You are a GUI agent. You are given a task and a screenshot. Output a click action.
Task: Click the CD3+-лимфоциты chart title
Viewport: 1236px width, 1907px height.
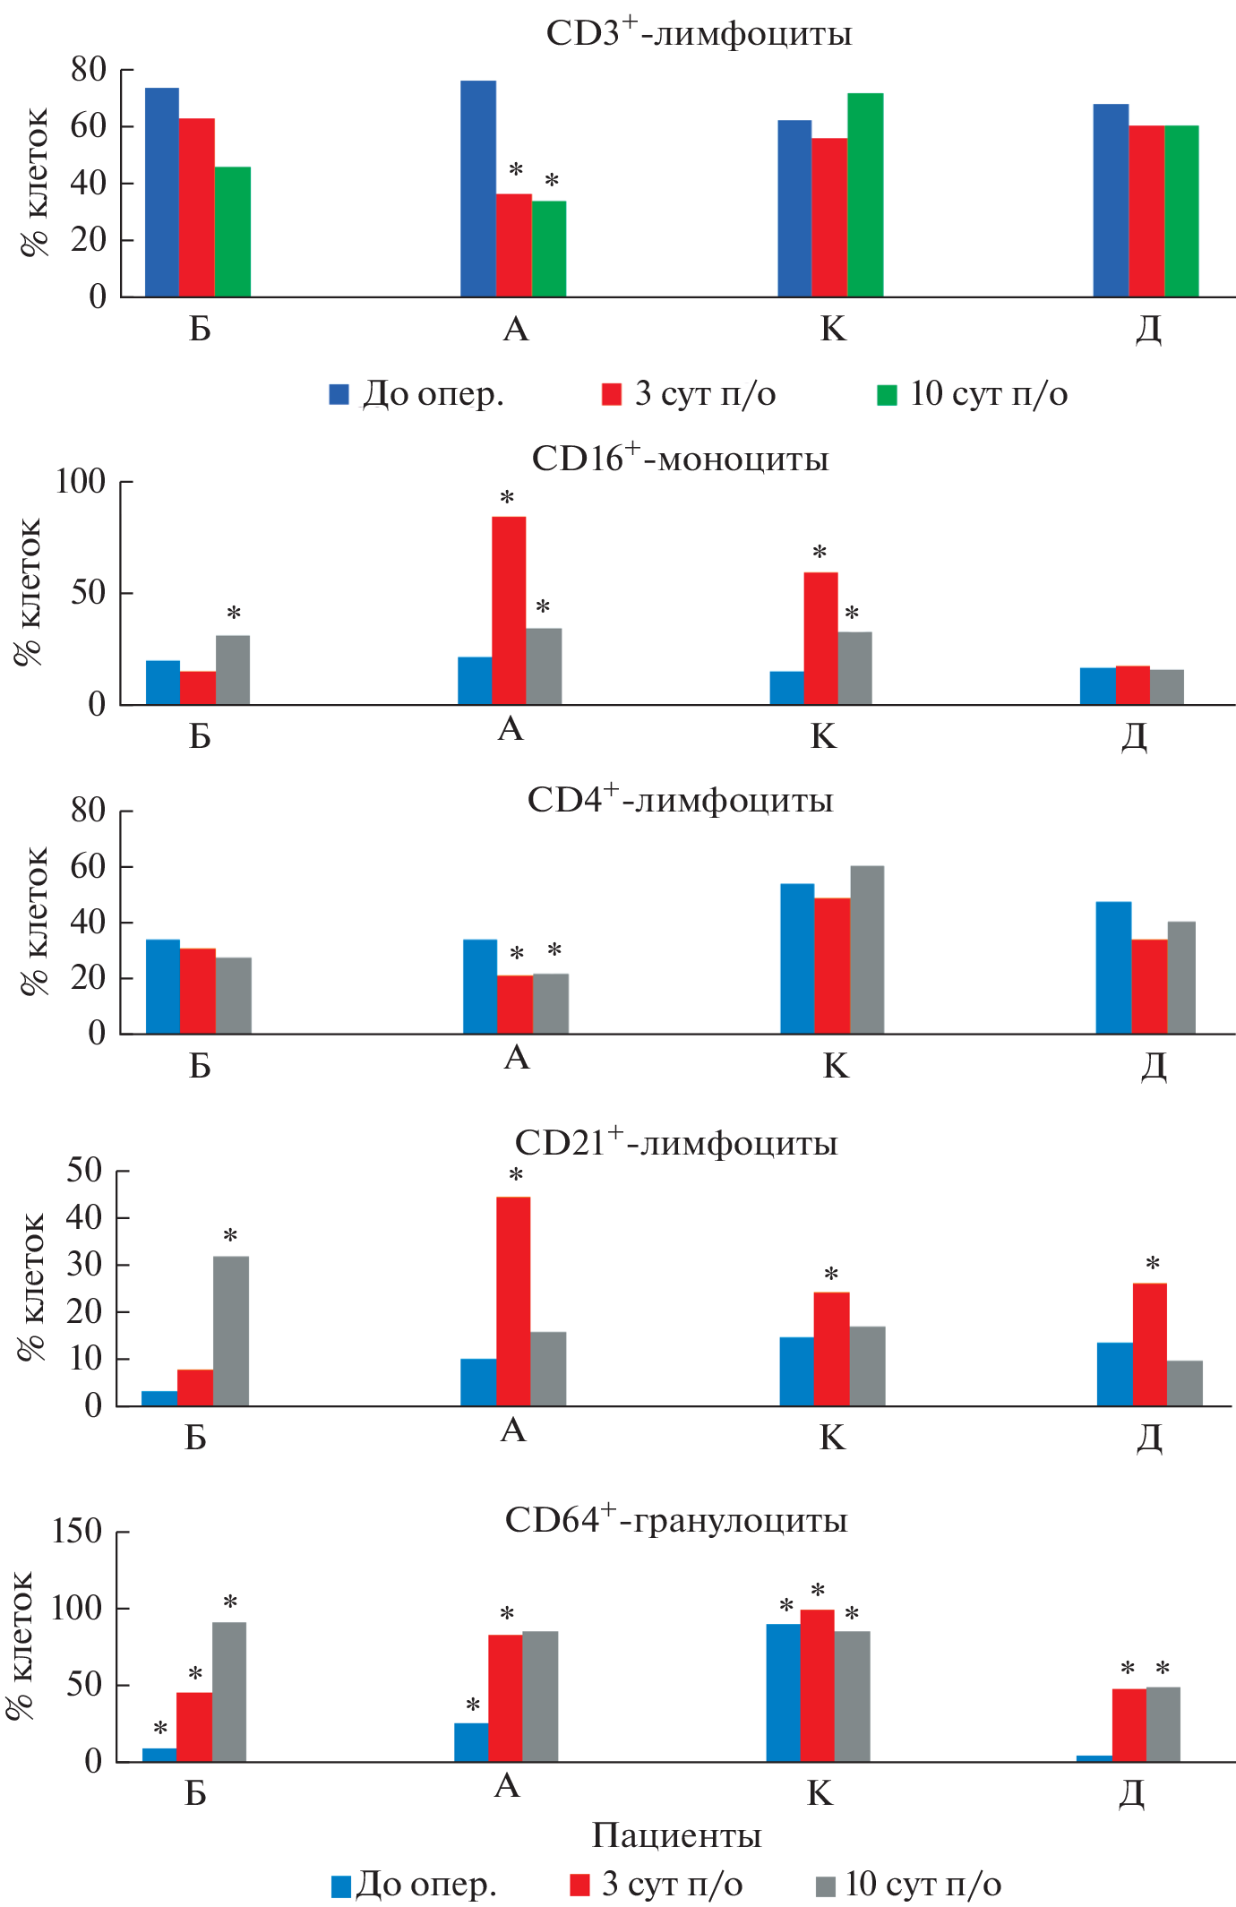tap(699, 34)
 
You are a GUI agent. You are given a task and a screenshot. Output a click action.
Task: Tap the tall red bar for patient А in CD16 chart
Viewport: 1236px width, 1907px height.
tap(509, 610)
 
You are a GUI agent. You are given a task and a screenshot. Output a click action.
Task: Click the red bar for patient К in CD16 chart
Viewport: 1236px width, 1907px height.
tap(820, 638)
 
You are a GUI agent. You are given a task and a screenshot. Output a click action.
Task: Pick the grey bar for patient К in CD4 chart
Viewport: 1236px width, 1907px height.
tap(866, 949)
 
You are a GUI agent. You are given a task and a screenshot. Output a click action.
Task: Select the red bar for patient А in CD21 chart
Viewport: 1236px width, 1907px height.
tap(513, 1301)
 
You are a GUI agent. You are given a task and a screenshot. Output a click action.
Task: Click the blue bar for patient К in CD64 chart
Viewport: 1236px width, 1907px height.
tap(783, 1692)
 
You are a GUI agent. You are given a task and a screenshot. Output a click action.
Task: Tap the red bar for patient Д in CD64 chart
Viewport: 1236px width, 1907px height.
tap(1129, 1724)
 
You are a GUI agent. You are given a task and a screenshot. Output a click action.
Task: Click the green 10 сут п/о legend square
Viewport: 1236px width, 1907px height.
tap(887, 395)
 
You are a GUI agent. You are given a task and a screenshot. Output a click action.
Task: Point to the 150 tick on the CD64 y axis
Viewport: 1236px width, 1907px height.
tap(77, 1531)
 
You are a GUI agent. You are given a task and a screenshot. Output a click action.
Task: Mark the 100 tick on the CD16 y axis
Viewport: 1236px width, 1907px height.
tap(81, 482)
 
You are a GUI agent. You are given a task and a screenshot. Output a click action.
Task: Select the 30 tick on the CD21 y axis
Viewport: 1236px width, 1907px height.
tap(84, 1265)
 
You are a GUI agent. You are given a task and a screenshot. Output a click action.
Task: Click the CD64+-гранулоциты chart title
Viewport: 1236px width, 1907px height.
tap(676, 1520)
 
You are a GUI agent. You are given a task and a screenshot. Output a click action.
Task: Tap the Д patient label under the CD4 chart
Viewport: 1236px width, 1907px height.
tap(1154, 1066)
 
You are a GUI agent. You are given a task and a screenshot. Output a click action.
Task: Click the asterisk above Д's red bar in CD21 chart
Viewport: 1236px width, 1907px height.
tap(1153, 1264)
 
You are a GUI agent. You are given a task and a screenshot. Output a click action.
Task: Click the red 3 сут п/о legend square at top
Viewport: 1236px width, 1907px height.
tap(612, 395)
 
